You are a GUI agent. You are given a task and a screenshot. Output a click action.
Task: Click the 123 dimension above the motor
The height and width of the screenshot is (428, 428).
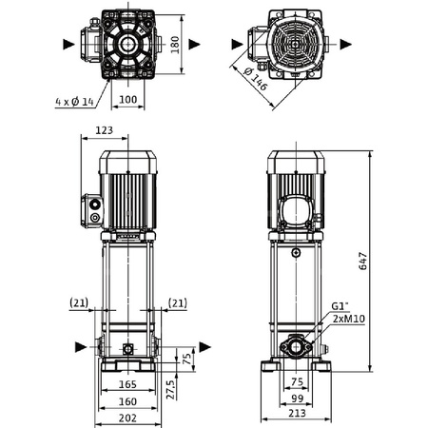[x=107, y=131]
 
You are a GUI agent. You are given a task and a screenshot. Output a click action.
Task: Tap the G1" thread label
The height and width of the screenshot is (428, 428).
[x=340, y=306]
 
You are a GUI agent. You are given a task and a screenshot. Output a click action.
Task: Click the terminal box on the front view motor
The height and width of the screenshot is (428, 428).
[x=93, y=208]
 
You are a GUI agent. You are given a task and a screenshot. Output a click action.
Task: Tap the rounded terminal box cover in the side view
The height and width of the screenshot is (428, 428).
[x=296, y=210]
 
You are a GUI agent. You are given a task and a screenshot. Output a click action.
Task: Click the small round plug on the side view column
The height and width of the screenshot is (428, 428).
[x=296, y=253]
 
